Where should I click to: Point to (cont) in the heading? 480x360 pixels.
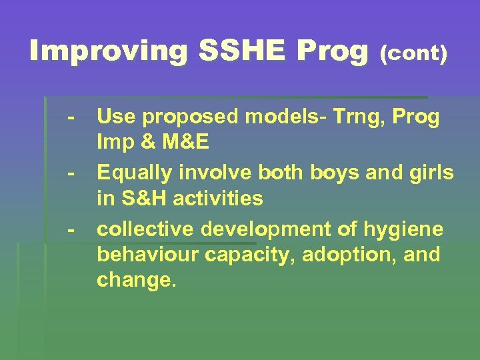[x=413, y=54]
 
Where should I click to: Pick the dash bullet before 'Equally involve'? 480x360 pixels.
[x=70, y=173]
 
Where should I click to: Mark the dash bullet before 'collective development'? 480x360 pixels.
[x=70, y=229]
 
